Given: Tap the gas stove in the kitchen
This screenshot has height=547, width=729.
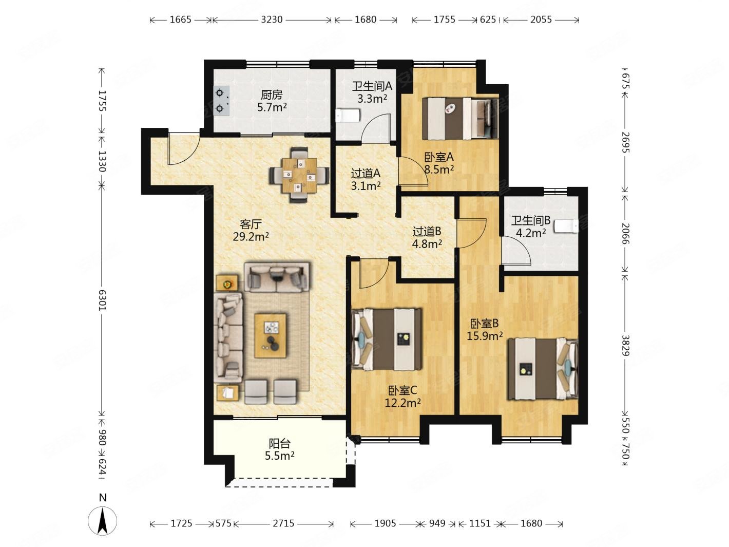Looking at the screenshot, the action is coord(222,101).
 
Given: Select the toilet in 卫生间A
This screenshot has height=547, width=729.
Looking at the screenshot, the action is coord(348,116).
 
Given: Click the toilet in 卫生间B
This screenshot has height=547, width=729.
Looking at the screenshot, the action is coord(566,226).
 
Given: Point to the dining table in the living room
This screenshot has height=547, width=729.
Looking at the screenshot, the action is coord(299,175).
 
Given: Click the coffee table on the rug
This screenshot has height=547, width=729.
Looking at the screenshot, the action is coord(271,336).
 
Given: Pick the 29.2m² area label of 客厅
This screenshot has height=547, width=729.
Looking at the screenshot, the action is coord(251,237).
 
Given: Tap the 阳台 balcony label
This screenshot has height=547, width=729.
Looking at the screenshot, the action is coord(279,443).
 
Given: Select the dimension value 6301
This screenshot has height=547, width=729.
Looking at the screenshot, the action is coord(102,300).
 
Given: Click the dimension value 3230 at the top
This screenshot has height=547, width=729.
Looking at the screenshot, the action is coord(272,20).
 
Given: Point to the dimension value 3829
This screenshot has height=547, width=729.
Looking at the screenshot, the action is coord(625,345).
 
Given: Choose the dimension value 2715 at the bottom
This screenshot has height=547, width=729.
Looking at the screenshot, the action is coord(283,523).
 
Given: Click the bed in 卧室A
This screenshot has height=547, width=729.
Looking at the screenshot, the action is coord(461,118).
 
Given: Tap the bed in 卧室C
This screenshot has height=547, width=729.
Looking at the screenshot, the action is coord(387,339).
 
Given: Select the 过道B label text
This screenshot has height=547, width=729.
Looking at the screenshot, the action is coord(427,232).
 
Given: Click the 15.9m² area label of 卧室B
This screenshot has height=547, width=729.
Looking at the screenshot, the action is coord(485,336).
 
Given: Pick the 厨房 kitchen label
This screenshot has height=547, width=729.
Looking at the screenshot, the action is coord(272,96).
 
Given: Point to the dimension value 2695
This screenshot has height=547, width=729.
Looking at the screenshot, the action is coord(625,142).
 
